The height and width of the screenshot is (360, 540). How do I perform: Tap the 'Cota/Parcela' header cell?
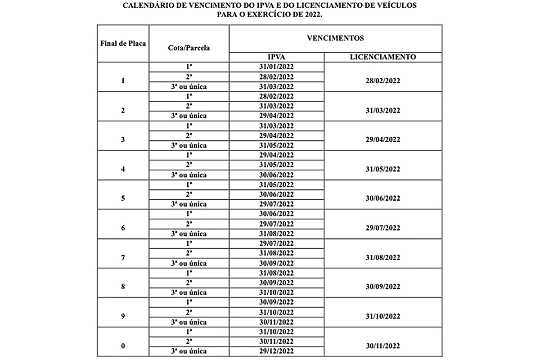click(x=189, y=47)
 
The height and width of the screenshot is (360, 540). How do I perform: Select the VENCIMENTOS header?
click(x=335, y=38)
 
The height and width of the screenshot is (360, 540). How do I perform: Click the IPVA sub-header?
click(x=276, y=57)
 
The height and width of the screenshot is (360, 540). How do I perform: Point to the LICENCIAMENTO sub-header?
click(x=382, y=57)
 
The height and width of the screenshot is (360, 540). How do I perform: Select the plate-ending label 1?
click(x=123, y=81)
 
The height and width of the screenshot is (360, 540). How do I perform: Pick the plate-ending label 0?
click(x=123, y=346)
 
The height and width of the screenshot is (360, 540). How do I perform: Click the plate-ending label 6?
click(x=123, y=228)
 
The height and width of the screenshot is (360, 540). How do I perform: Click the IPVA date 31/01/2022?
click(x=276, y=67)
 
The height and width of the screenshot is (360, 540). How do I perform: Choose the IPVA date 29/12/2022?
click(x=276, y=351)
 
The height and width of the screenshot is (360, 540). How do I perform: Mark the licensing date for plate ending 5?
click(x=382, y=198)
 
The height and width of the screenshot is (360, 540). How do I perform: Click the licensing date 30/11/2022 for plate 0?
click(x=382, y=346)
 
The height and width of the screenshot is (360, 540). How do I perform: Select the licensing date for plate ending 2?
click(x=382, y=110)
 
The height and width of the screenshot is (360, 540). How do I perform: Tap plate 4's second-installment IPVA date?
click(x=276, y=165)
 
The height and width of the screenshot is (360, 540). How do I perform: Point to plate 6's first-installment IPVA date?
click(x=276, y=214)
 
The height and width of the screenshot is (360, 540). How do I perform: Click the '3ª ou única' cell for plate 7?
click(x=189, y=263)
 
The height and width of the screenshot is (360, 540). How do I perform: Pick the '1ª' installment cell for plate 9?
click(x=189, y=302)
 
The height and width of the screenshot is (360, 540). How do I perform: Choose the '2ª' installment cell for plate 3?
click(x=189, y=135)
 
